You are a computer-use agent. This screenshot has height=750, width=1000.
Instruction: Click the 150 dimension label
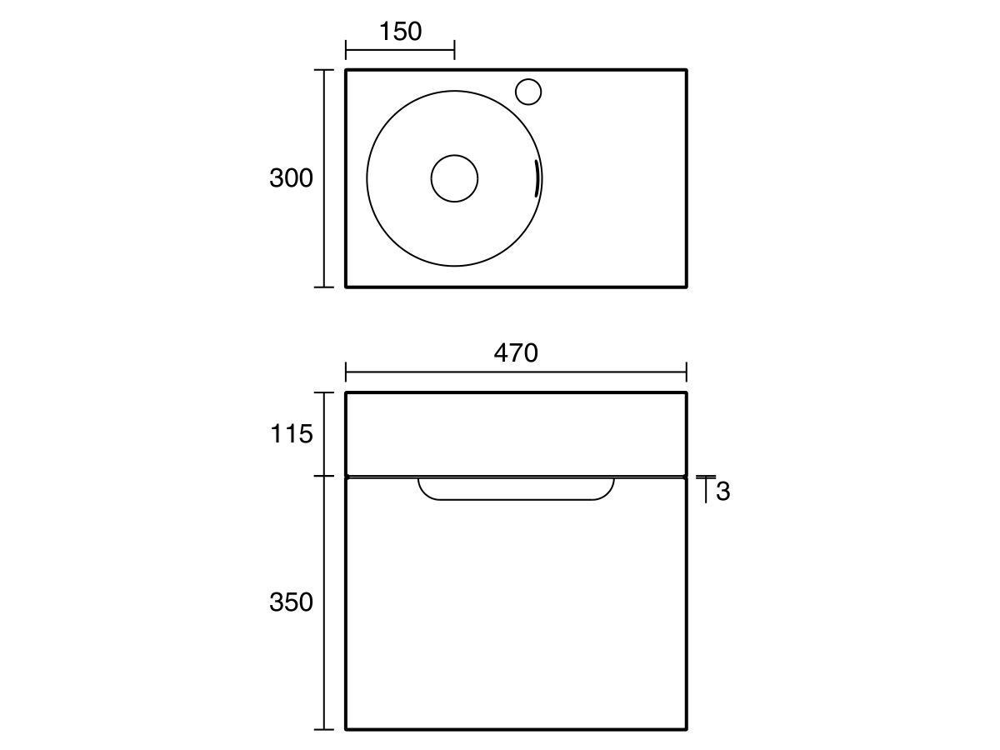pos(400,32)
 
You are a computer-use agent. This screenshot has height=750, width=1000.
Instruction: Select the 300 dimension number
pos(291,178)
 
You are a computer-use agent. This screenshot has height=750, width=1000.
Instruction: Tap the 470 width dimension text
pos(516,353)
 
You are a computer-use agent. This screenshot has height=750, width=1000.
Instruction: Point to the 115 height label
pos(291,434)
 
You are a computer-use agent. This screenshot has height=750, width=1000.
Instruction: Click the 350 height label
pos(291,602)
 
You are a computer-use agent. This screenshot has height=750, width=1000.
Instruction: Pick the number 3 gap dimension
pos(722,492)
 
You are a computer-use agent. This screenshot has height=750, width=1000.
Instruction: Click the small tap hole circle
pos(528,91)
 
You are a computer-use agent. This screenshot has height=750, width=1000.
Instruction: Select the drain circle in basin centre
pos(454,177)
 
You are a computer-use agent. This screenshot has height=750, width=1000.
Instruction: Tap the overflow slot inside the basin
pos(537,178)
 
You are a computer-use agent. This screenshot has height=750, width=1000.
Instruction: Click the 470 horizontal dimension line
pos(516,372)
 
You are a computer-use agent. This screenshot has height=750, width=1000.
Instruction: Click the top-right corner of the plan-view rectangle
pos(686,70)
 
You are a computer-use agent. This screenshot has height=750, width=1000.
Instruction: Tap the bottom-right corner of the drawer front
pos(686,728)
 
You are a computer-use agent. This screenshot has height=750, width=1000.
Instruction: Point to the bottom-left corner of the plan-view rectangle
pos(346,287)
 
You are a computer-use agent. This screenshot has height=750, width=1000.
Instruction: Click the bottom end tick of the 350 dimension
pos(324,729)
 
